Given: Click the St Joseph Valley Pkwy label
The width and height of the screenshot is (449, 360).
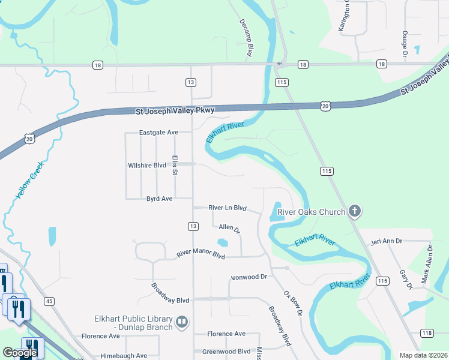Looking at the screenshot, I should (175, 110).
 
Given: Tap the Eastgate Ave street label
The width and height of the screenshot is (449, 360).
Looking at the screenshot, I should (158, 132).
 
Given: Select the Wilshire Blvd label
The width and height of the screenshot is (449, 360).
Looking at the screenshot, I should (146, 165).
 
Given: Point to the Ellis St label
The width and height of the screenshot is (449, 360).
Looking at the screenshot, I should (175, 165).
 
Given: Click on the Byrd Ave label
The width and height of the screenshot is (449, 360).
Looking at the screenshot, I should (160, 199).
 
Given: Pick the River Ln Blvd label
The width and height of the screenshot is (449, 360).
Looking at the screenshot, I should (228, 208).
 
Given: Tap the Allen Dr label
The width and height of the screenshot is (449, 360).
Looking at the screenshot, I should (229, 229).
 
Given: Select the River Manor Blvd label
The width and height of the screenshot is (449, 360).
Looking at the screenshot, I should (200, 254).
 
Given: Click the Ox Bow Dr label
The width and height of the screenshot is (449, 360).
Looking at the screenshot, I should (292, 304).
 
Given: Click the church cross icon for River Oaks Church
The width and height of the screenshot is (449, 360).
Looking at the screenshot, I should (355, 211).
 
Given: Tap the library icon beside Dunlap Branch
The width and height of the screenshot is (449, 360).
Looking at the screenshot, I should (182, 323).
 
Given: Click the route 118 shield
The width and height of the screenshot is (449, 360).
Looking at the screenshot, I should (427, 333).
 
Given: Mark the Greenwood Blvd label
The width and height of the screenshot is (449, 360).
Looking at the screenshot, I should (226, 352).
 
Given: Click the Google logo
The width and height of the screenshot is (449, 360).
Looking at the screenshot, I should (20, 353).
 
